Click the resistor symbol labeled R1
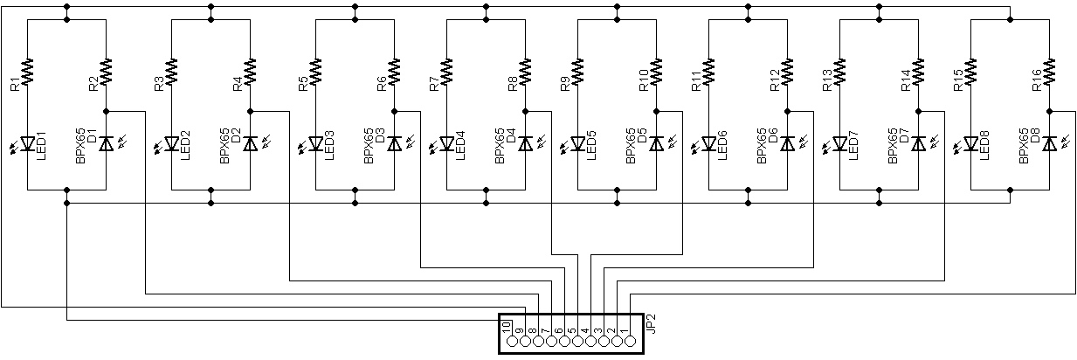(28, 72)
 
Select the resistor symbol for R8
(526, 72)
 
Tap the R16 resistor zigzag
(1049, 72)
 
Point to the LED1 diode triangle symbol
(28, 143)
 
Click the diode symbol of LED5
(578, 143)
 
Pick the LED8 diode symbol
(970, 143)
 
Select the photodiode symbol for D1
(106, 143)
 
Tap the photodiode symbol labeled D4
(526, 143)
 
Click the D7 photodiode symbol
(918, 143)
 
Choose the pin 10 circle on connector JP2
(512, 342)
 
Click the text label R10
(644, 80)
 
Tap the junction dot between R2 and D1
(106, 111)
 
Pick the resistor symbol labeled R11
(708, 72)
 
